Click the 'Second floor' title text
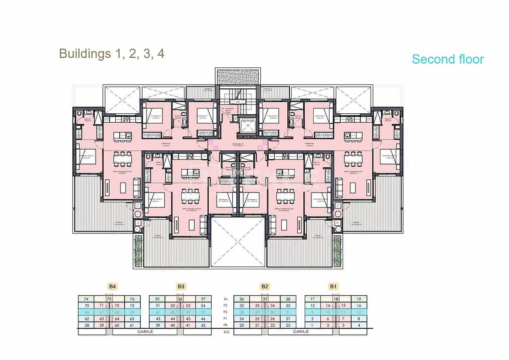[x=447, y=59]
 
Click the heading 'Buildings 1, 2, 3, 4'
[x=112, y=53]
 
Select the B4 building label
[x=112, y=287]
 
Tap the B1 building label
[x=333, y=287]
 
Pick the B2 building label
[x=265, y=287]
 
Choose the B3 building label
[x=181, y=287]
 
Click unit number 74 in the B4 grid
[x=86, y=299]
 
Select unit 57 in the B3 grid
[x=203, y=299]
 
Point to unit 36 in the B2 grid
[x=242, y=299]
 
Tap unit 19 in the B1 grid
[x=359, y=299]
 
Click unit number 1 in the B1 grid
[x=312, y=325]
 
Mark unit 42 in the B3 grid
[x=203, y=325]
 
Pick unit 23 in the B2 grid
[x=288, y=325]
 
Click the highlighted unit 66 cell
[x=86, y=312]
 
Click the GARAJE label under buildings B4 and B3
[x=144, y=331]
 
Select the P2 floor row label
[x=226, y=312]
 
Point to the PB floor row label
[x=226, y=325]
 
